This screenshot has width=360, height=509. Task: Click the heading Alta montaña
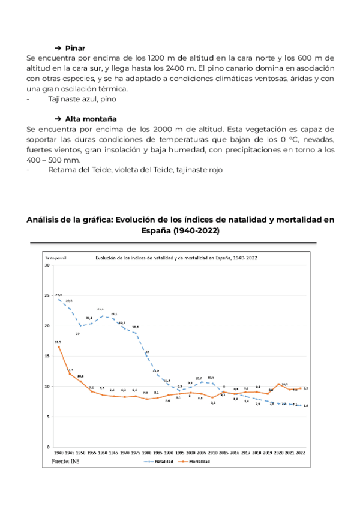tap(91, 119)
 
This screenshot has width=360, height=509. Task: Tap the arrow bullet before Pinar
tap(58, 48)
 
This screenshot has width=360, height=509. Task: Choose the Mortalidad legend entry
tap(199, 462)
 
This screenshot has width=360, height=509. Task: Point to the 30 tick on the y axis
tap(47, 265)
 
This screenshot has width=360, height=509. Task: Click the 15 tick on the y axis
tap(47, 356)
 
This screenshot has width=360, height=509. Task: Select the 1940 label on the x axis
tap(59, 453)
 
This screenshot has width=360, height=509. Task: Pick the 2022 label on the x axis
tap(301, 453)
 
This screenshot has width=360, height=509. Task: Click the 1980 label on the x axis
tap(145, 453)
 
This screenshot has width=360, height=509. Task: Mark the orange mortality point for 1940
tap(59, 346)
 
